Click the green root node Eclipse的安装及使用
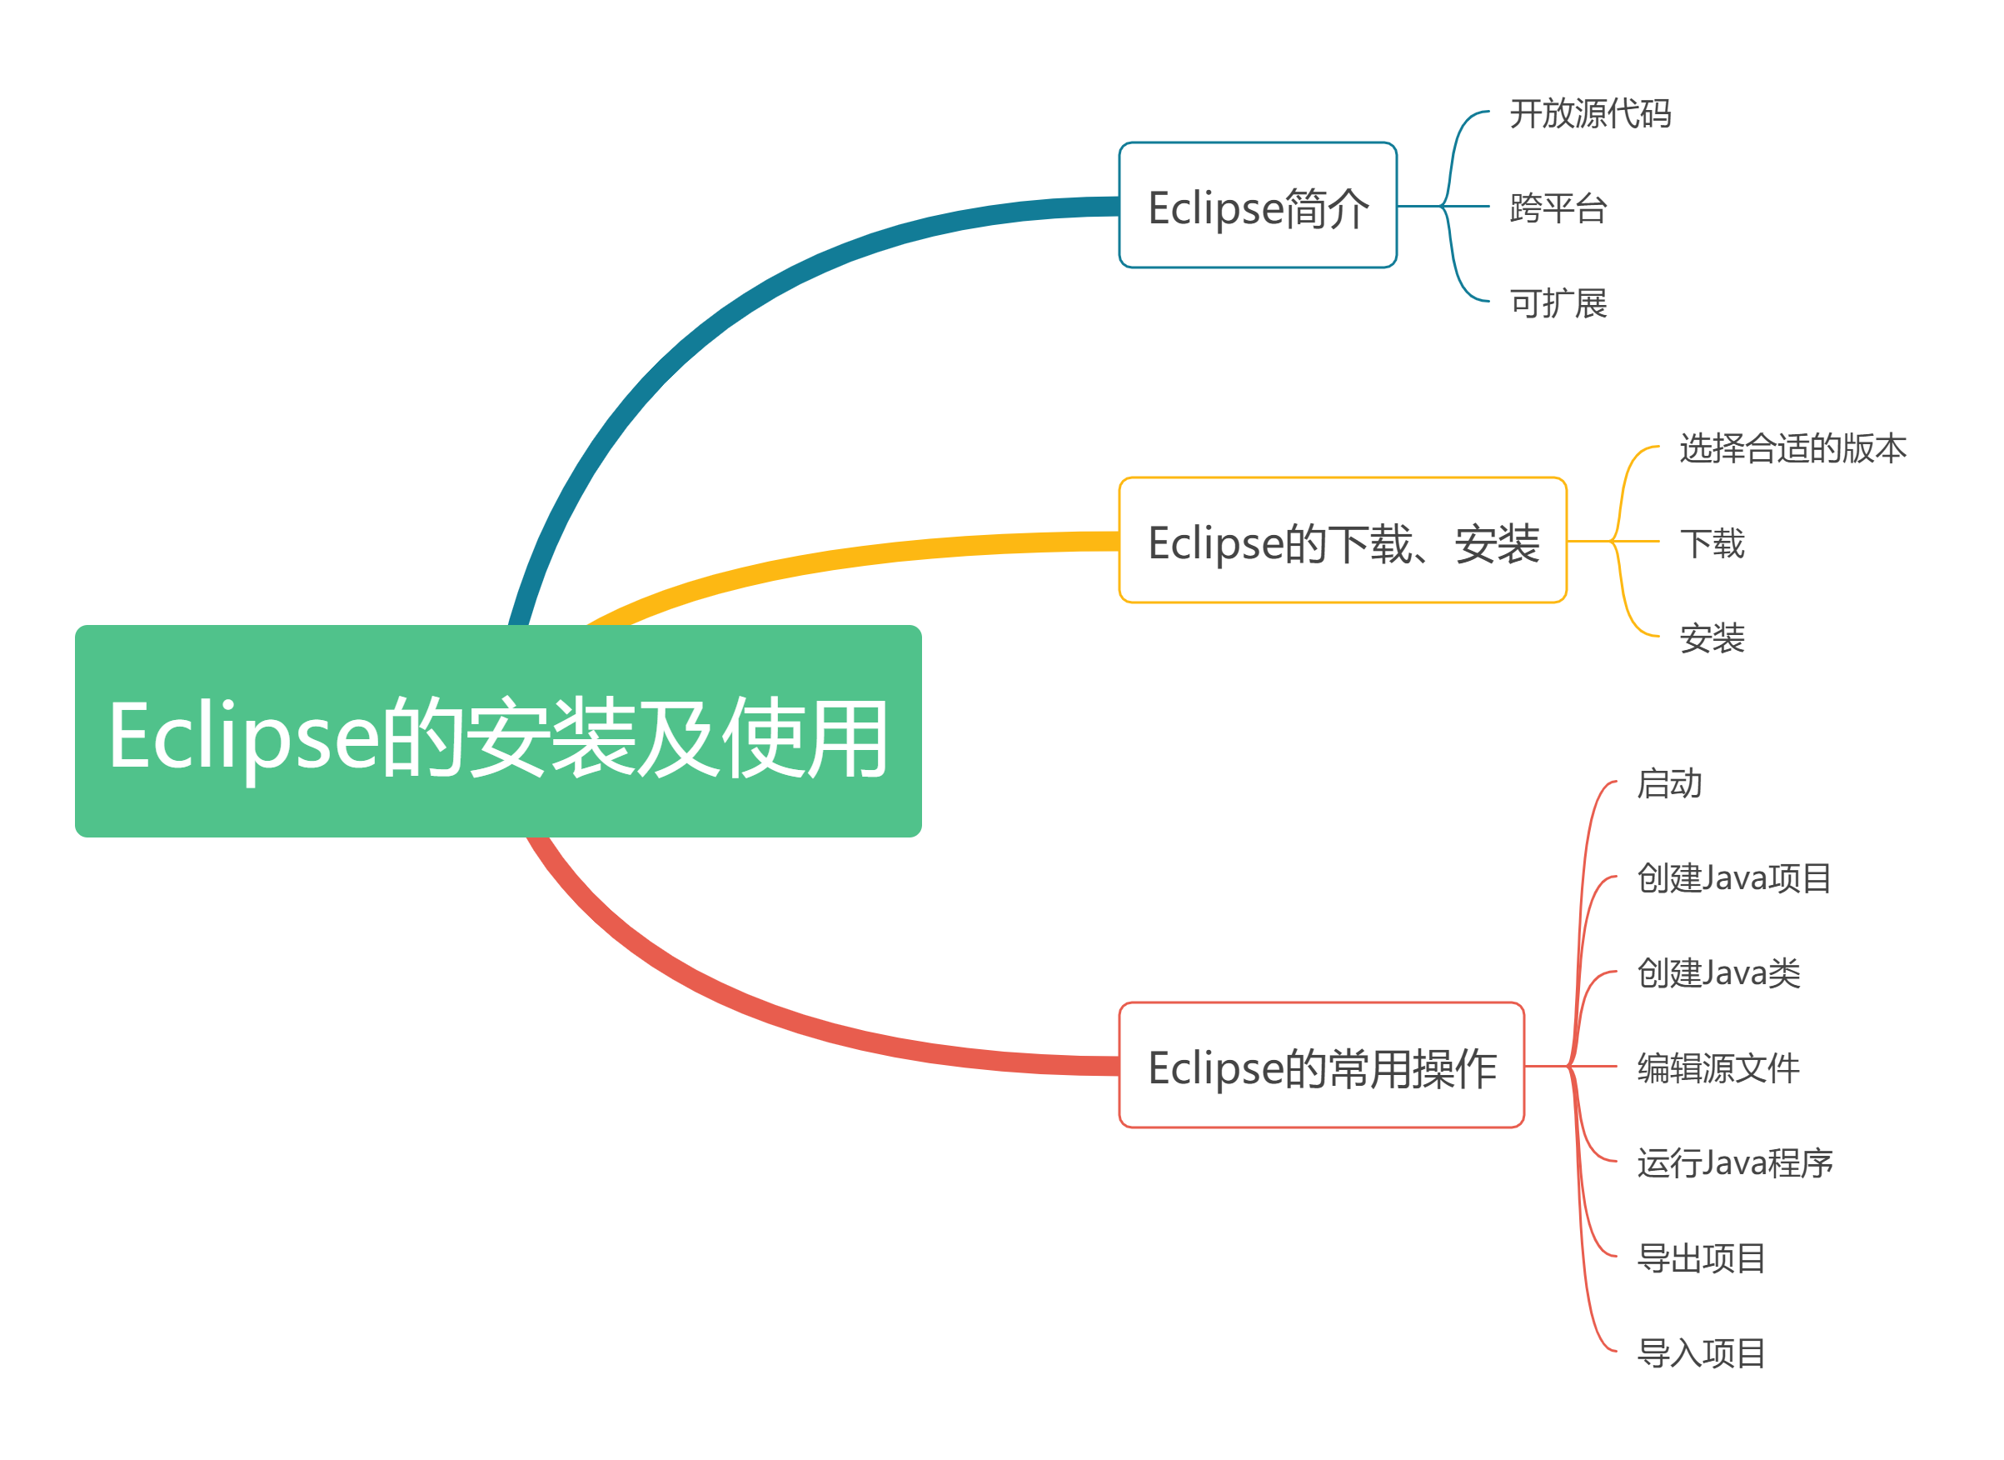[x=498, y=731]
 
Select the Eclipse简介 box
[x=1258, y=205]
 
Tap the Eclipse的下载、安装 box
[x=1342, y=540]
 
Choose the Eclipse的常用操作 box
[x=1321, y=1065]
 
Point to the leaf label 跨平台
[x=1558, y=208]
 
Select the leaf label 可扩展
[x=1558, y=303]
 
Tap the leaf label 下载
[x=1712, y=542]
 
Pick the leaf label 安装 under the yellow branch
[x=1712, y=637]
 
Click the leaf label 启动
[x=1669, y=783]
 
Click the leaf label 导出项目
[x=1701, y=1257]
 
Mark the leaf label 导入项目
[x=1701, y=1352]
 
